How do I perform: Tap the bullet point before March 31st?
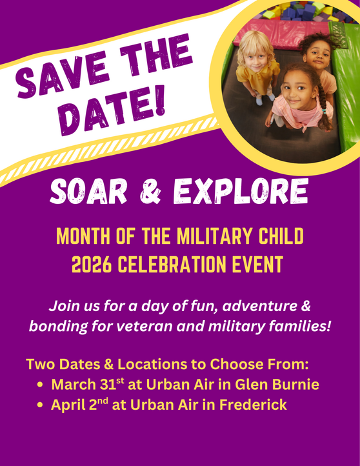tap(41, 385)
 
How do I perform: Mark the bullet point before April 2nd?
tap(41, 407)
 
